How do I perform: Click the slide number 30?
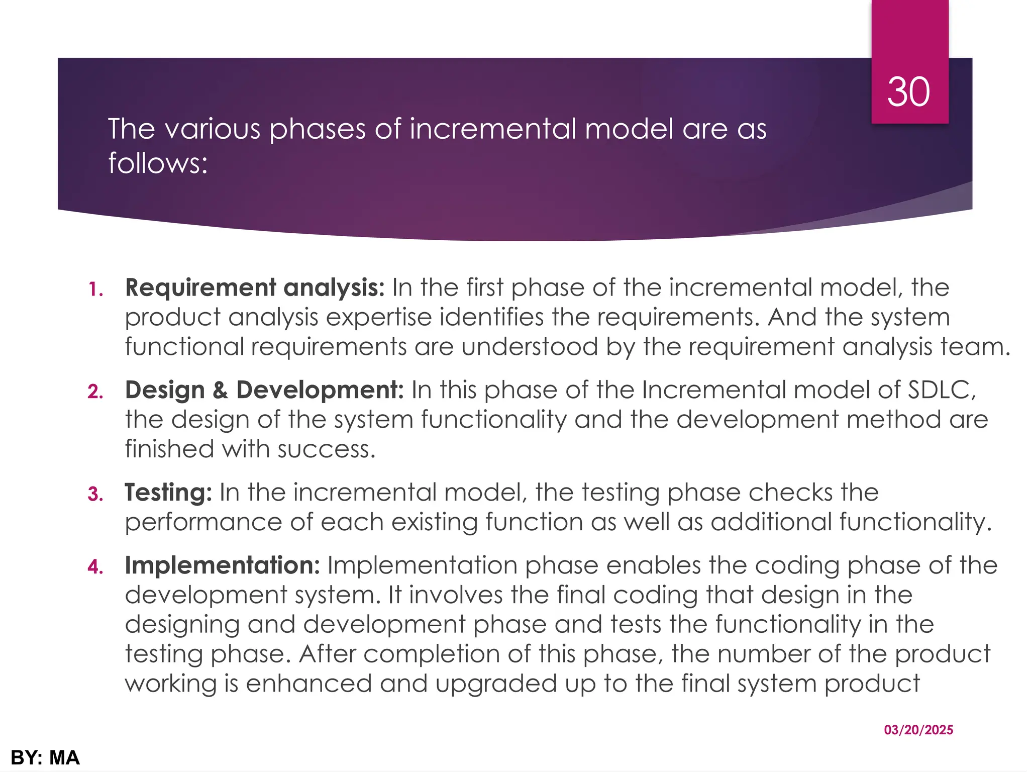(908, 92)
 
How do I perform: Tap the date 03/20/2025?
(918, 730)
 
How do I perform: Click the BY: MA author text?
(45, 757)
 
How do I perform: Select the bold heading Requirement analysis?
(255, 288)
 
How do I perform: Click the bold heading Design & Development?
(264, 390)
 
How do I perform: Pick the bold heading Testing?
(168, 493)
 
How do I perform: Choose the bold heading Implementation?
(222, 565)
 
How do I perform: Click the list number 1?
(95, 289)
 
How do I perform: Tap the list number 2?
(95, 392)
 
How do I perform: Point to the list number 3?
(95, 495)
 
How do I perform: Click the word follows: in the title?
(158, 163)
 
